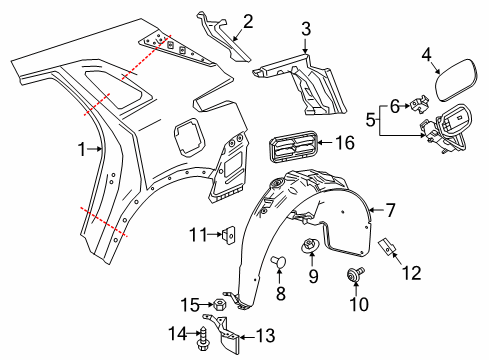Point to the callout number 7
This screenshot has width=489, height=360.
pos(389,210)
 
